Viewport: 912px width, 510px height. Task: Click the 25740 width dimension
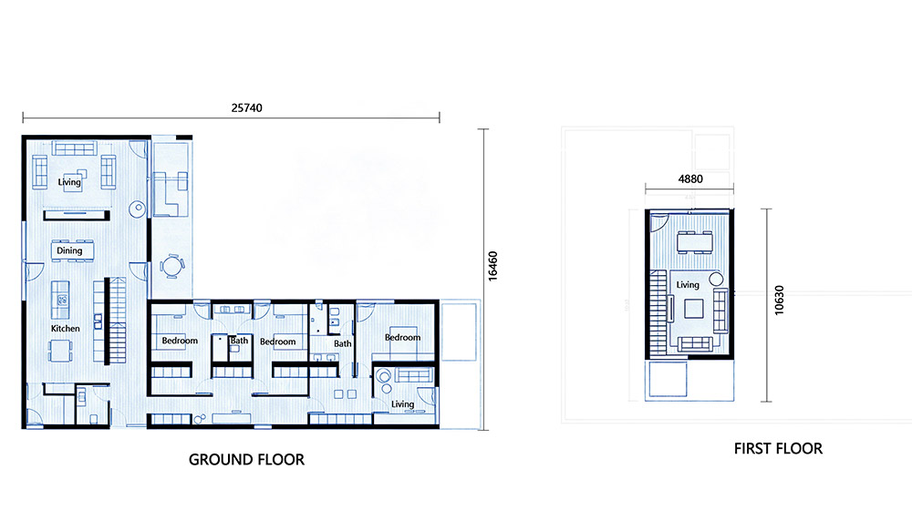click(246, 108)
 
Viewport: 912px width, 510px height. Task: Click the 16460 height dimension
click(492, 266)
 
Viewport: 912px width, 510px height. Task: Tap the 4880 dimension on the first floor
click(690, 178)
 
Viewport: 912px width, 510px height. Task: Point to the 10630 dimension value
click(779, 301)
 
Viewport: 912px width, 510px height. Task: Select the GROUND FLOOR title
click(246, 460)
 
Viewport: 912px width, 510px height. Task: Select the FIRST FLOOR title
click(778, 448)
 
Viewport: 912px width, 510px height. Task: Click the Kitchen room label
click(65, 328)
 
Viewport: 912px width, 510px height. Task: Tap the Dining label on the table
click(69, 251)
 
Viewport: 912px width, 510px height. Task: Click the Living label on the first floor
click(688, 285)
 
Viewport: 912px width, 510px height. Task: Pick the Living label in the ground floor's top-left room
click(69, 182)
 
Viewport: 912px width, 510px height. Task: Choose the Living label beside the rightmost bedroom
click(402, 404)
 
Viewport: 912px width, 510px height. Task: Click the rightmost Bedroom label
click(402, 338)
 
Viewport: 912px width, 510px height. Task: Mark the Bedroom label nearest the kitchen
click(180, 341)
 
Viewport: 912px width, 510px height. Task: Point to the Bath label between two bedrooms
click(240, 341)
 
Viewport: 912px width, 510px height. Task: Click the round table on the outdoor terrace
click(172, 266)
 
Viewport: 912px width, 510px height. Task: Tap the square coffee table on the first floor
click(693, 309)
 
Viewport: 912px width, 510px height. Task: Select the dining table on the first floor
click(694, 241)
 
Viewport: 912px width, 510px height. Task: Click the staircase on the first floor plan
click(658, 312)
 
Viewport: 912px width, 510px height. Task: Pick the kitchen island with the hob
click(60, 300)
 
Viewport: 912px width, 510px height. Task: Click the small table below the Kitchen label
click(60, 351)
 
